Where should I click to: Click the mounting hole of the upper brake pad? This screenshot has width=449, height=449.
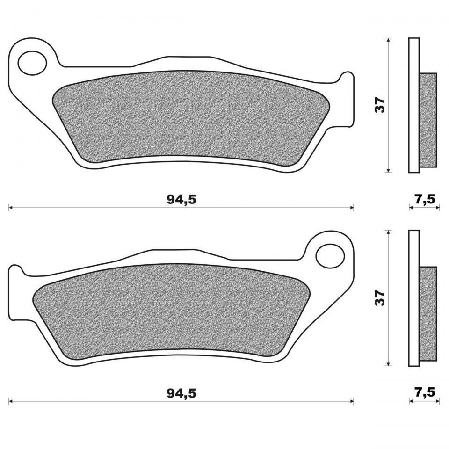[x=32, y=63]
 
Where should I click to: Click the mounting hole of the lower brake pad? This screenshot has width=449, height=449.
[x=330, y=256]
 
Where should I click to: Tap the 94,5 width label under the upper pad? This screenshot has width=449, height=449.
[x=181, y=200]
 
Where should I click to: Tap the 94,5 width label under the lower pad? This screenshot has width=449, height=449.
[x=181, y=393]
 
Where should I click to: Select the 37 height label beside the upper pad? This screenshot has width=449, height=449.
[x=381, y=105]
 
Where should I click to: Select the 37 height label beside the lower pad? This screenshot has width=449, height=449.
[x=381, y=298]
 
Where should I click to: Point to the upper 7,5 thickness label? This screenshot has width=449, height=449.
[x=425, y=199]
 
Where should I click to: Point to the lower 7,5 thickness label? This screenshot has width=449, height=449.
[x=425, y=392]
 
